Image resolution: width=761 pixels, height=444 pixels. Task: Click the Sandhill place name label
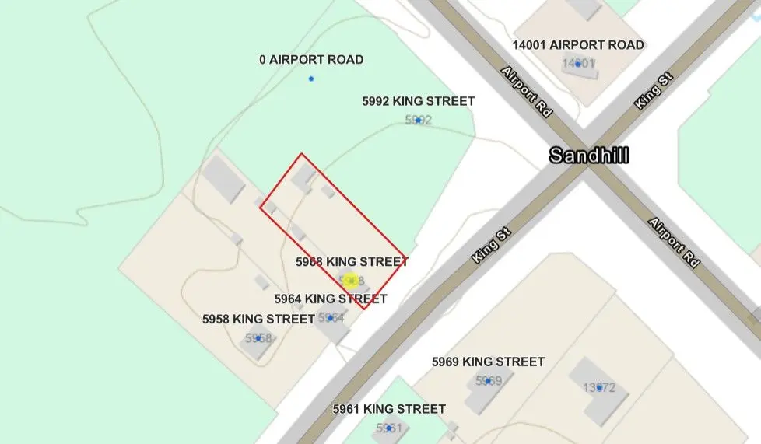[588, 155]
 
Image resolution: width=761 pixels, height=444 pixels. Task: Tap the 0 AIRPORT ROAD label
[311, 60]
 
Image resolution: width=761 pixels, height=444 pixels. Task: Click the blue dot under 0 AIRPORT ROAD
[311, 79]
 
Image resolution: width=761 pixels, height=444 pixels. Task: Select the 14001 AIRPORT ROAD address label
[577, 45]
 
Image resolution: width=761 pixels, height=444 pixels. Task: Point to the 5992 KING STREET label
[419, 101]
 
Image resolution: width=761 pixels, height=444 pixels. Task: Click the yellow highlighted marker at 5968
[351, 280]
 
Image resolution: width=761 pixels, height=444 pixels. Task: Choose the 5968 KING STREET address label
[352, 262]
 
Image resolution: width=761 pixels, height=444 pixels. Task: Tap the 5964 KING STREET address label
[331, 299]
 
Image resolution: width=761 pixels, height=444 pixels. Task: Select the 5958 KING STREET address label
[258, 319]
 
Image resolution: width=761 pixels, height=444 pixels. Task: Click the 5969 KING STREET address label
[488, 362]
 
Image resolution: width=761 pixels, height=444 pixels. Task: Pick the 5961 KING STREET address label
[389, 409]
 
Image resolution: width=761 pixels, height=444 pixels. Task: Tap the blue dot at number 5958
[258, 338]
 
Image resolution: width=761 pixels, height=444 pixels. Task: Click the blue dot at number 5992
[419, 121]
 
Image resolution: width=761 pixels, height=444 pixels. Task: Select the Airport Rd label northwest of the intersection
[527, 91]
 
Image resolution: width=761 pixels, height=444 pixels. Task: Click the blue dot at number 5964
[330, 318]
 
